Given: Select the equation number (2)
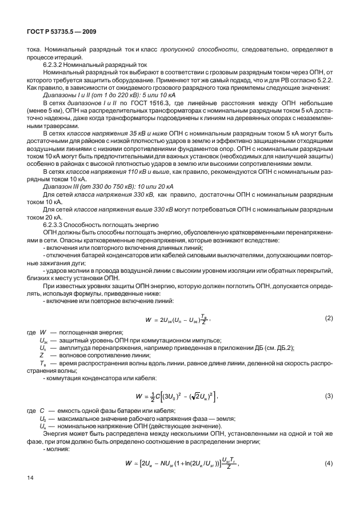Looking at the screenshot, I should coord(329,317).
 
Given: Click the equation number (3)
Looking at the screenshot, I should coord(329,395).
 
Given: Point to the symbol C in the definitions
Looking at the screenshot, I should coord(42,411).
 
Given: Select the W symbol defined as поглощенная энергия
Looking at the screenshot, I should coord(42,333).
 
